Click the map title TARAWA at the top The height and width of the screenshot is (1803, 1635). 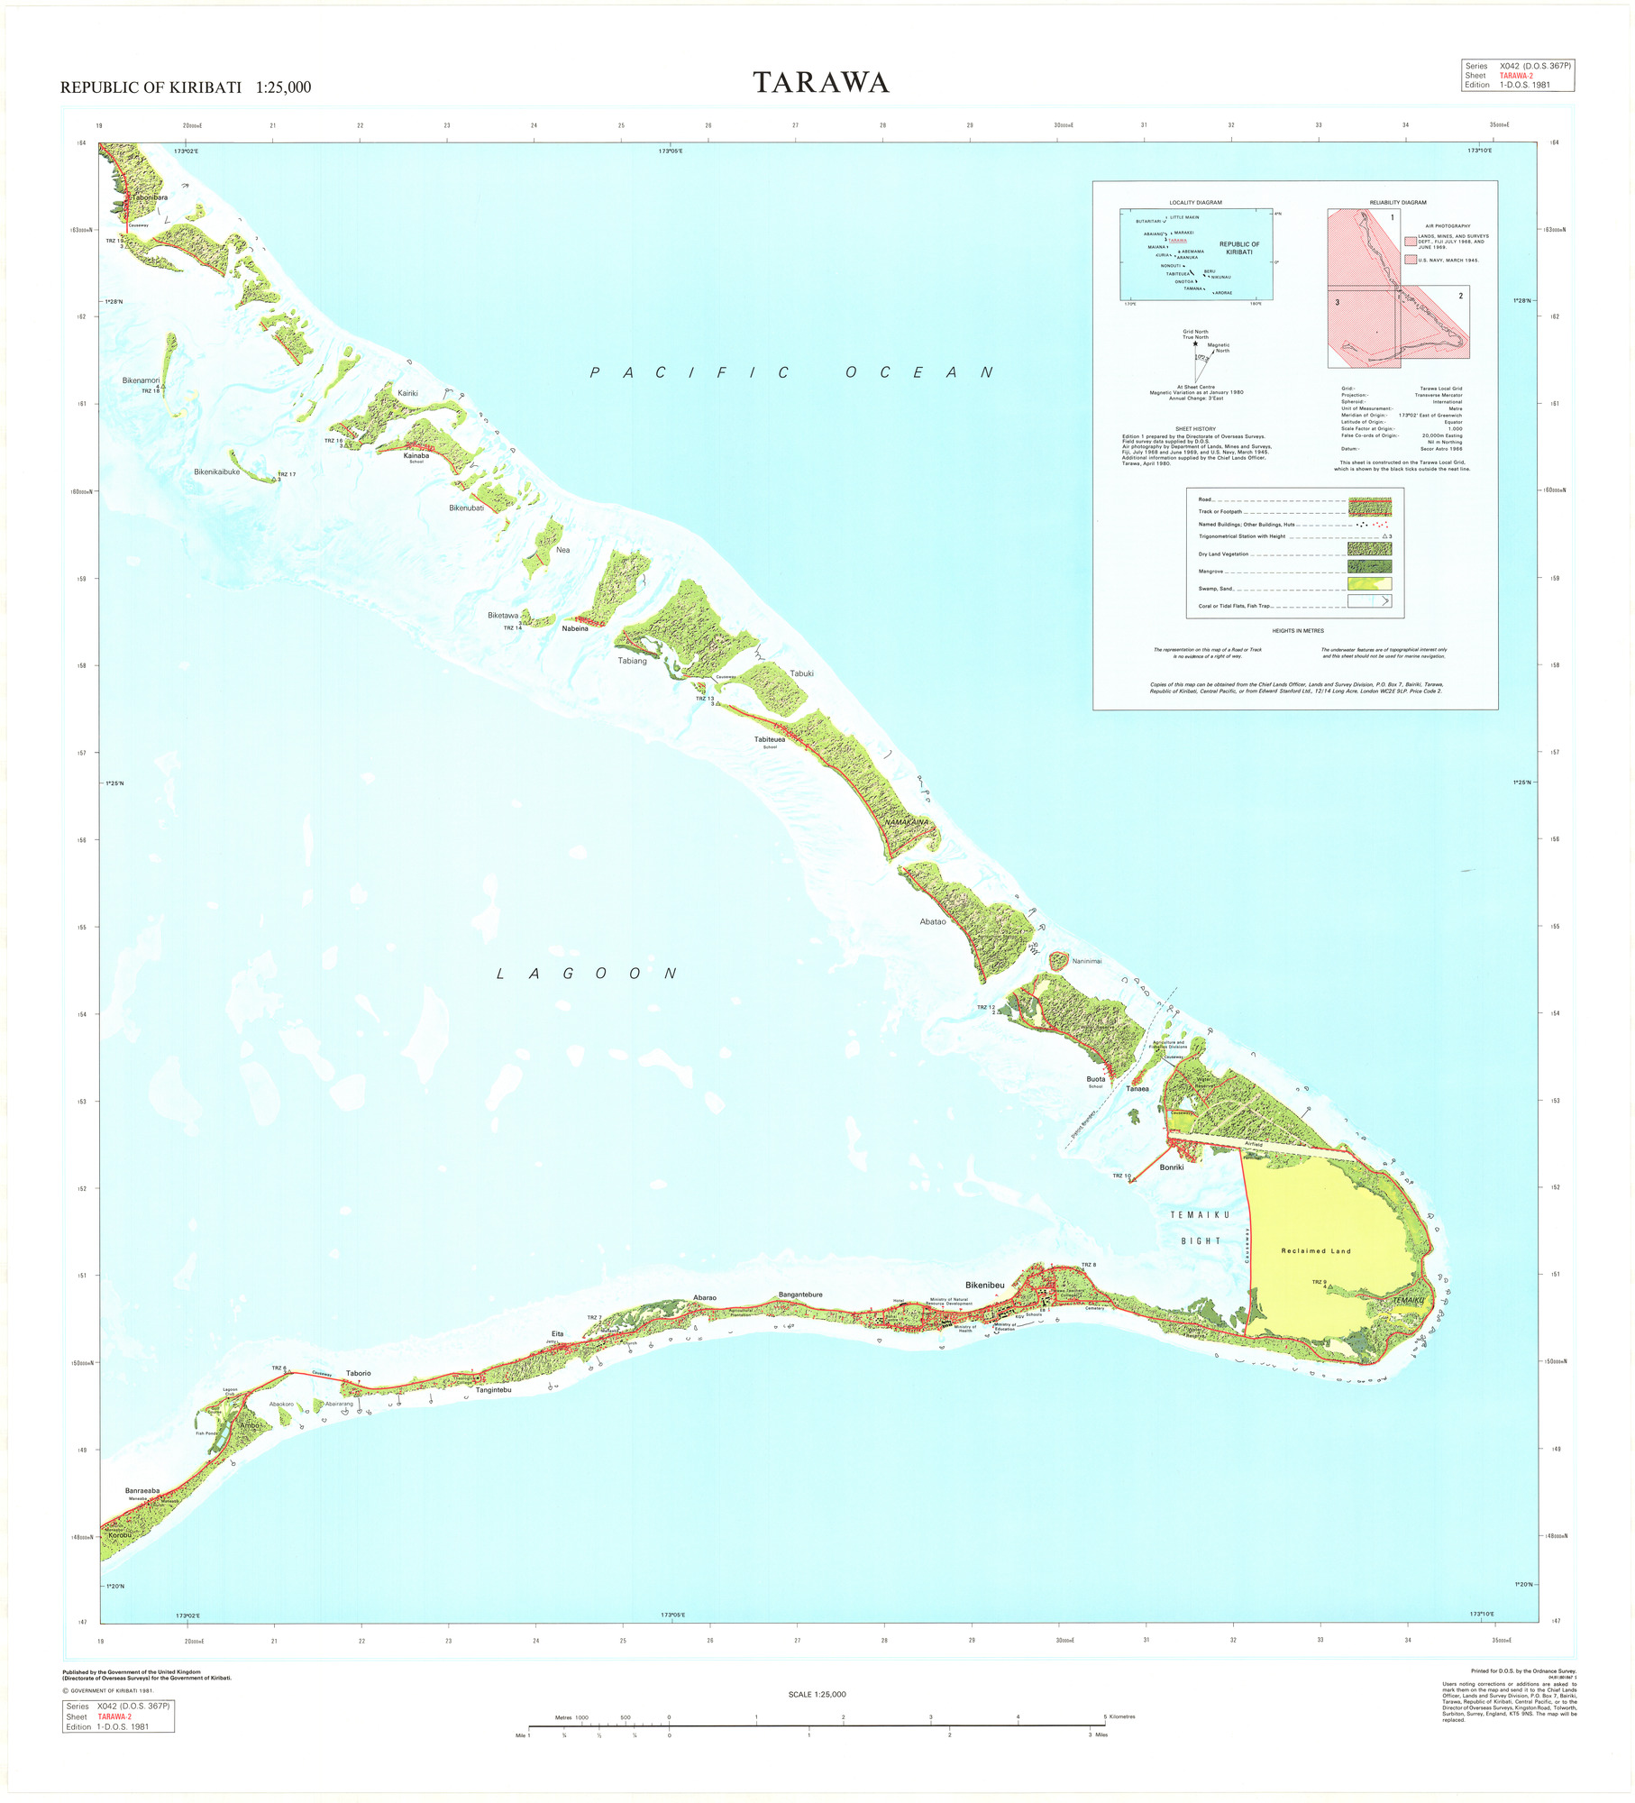821,83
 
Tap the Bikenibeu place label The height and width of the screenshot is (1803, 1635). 984,1285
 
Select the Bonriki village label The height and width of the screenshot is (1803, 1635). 1171,1167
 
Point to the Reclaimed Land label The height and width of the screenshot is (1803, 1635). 1316,1251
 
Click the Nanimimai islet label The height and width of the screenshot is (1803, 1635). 1086,961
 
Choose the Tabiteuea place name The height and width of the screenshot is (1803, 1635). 769,739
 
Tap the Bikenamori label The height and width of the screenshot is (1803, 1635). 141,380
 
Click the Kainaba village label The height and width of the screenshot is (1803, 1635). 416,455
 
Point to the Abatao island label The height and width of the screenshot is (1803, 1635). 932,921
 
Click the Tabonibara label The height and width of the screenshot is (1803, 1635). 149,197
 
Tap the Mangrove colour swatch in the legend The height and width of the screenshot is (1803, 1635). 1368,566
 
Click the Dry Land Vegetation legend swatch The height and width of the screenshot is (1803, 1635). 1368,548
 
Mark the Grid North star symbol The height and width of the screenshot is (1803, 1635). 1195,343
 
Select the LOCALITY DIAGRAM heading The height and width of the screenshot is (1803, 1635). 1195,203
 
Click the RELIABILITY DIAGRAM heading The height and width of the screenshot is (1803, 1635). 1397,203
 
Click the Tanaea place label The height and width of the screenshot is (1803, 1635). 1137,1088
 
